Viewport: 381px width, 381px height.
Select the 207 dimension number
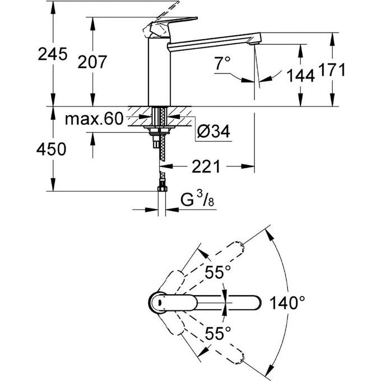pos(91,62)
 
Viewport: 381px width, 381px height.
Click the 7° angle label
pos(222,64)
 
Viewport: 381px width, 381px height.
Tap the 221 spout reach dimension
pos(206,166)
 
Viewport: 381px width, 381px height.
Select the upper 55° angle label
pos(218,273)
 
